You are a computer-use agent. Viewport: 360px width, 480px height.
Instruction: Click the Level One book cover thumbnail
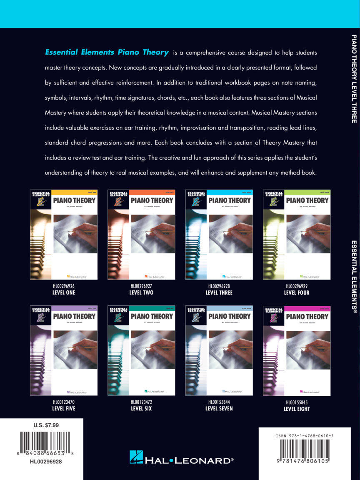(x=64, y=235)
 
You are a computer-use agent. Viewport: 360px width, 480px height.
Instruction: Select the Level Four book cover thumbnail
(x=297, y=235)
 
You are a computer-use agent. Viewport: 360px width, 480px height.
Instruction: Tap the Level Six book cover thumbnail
(x=141, y=350)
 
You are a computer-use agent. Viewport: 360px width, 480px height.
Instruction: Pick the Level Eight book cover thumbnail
(x=297, y=350)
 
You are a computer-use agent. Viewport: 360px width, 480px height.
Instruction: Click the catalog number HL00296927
(x=141, y=286)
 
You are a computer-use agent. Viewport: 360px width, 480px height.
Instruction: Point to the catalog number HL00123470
(x=64, y=402)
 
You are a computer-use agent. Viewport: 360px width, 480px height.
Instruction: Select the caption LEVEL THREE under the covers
(x=219, y=292)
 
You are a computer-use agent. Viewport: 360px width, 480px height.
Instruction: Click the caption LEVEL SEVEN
(x=219, y=408)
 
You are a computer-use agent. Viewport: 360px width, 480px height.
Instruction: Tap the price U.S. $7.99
(x=46, y=425)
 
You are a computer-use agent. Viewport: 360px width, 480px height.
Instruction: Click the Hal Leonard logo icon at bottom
(x=136, y=457)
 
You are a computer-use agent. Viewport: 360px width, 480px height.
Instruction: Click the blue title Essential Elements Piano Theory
(x=107, y=52)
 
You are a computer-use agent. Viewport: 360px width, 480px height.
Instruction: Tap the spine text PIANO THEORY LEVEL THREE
(x=354, y=79)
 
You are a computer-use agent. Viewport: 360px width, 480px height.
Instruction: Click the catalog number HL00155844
(x=219, y=402)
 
